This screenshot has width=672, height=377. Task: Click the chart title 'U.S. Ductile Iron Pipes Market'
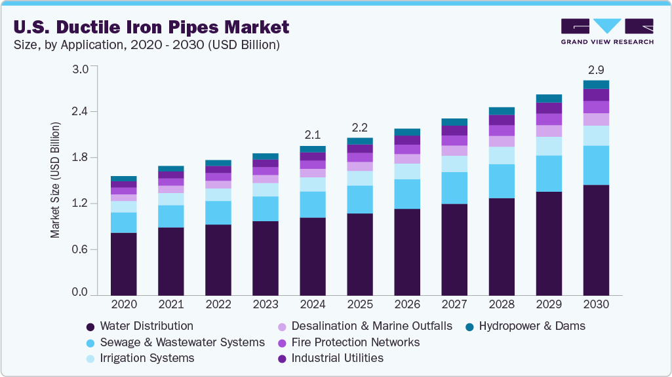click(x=151, y=27)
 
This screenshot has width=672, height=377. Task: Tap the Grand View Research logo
click(x=606, y=31)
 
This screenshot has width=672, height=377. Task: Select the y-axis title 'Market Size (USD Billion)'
click(x=56, y=179)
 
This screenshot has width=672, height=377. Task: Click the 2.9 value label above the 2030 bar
click(x=596, y=69)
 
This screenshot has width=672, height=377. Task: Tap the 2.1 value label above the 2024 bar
click(x=312, y=135)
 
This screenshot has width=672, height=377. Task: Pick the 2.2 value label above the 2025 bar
click(x=359, y=126)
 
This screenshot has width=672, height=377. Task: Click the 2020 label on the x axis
click(x=123, y=305)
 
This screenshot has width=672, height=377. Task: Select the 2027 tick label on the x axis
click(x=454, y=305)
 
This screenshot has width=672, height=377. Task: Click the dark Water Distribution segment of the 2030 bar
click(x=596, y=240)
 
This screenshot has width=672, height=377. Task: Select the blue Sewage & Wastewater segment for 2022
click(x=218, y=213)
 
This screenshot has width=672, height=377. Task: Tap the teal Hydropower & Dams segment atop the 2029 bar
click(x=549, y=98)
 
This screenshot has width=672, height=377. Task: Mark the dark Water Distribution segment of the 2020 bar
click(x=123, y=264)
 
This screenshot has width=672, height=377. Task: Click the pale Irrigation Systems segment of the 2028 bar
click(x=502, y=155)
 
